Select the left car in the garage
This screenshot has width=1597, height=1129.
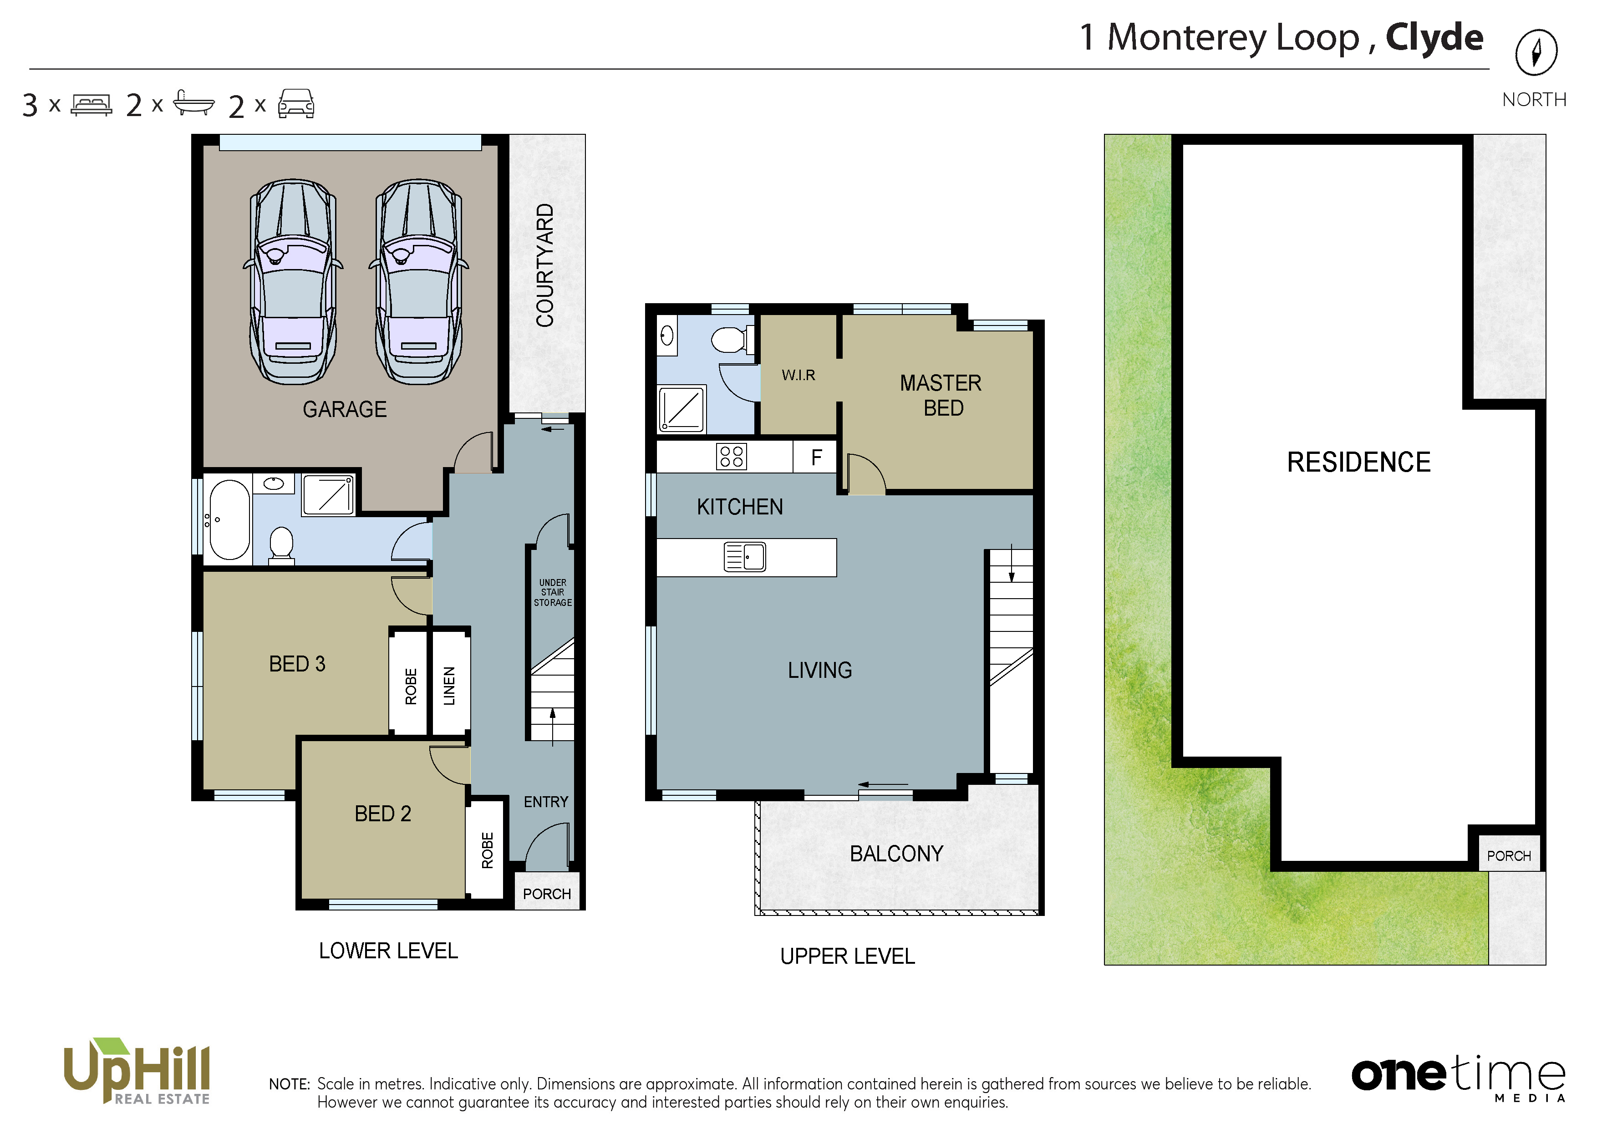tap(293, 282)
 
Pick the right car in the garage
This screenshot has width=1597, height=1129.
tap(419, 282)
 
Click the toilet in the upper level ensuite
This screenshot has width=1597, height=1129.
tap(732, 340)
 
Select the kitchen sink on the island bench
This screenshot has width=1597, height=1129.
tap(745, 556)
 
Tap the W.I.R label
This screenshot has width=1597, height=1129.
tap(798, 376)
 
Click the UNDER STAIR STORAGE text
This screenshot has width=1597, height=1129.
tap(553, 593)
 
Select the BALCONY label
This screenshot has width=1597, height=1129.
tap(896, 854)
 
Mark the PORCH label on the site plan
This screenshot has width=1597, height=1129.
tap(1509, 855)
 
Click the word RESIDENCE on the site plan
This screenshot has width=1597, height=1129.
tap(1358, 462)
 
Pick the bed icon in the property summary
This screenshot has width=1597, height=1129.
tap(91, 105)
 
